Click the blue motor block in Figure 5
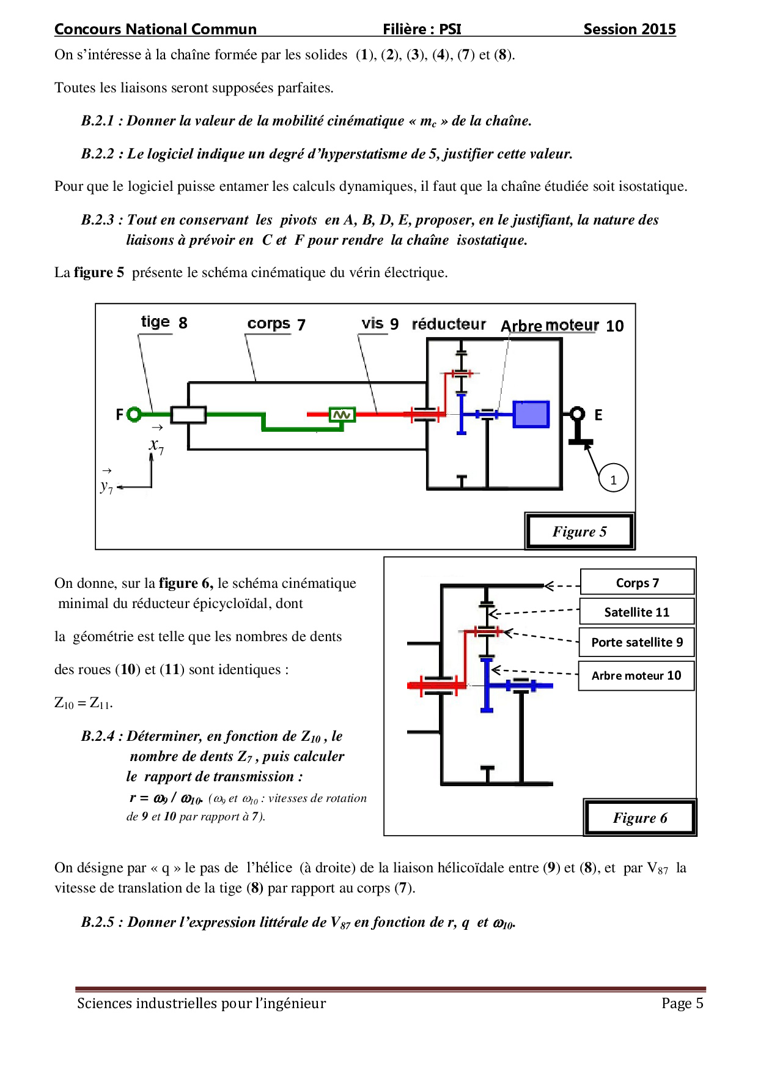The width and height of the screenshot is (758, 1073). point(531,414)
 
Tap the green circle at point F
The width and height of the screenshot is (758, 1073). point(134,415)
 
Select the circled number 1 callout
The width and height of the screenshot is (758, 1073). point(613,479)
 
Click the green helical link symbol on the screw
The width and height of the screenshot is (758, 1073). point(342,415)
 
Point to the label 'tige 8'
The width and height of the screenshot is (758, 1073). point(164,322)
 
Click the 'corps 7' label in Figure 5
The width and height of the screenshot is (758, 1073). point(276,324)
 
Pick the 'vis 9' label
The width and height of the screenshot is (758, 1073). point(380,324)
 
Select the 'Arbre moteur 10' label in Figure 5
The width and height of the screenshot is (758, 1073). point(562,325)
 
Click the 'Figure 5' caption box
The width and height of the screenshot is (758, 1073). point(580,531)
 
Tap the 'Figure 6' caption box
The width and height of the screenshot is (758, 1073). point(640,817)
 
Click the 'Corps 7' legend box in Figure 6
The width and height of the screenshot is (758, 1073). point(637,582)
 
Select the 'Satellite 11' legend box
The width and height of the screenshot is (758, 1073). point(636,612)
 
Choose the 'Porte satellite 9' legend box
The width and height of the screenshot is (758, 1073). point(636,642)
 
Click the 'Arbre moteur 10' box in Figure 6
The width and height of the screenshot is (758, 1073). point(636,675)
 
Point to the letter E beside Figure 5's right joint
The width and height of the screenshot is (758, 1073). point(598,415)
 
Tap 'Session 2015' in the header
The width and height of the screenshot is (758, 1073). point(629,29)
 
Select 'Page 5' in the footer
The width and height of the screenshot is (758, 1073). point(682,1003)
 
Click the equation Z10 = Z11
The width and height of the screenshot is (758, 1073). point(84,703)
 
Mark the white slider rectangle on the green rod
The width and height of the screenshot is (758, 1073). point(188,415)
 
